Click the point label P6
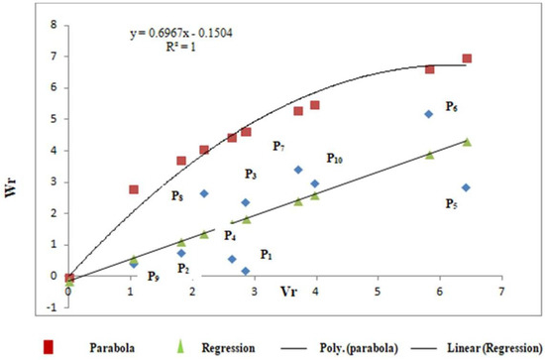tap(451, 106)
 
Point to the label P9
tap(154, 277)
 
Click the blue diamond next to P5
tap(466, 187)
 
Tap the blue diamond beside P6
tap(428, 114)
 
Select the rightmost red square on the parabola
tap(467, 59)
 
